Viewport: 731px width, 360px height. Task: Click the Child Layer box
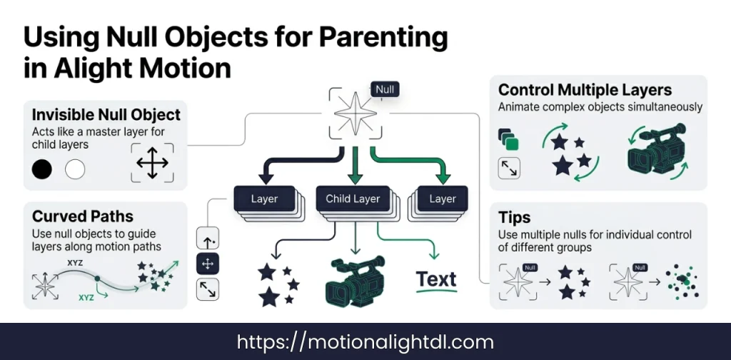pyautogui.click(x=353, y=199)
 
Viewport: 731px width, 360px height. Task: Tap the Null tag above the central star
pyautogui.click(x=385, y=89)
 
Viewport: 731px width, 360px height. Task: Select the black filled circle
pyautogui.click(x=42, y=169)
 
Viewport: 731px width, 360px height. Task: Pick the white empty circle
pyautogui.click(x=75, y=169)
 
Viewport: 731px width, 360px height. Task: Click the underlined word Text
pyautogui.click(x=436, y=281)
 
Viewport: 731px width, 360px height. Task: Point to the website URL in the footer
pyautogui.click(x=365, y=342)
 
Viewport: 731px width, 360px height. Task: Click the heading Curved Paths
pyautogui.click(x=83, y=216)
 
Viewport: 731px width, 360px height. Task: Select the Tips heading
pyautogui.click(x=514, y=218)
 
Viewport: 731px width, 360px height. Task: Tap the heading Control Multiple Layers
pyautogui.click(x=585, y=89)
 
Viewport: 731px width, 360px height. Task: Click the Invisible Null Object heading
pyautogui.click(x=106, y=115)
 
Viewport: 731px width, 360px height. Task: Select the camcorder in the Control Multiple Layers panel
pyautogui.click(x=657, y=149)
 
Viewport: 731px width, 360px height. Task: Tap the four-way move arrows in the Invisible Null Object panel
pyautogui.click(x=153, y=163)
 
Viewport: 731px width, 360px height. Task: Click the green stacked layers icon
pyautogui.click(x=508, y=139)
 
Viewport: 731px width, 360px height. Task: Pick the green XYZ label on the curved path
pyautogui.click(x=86, y=297)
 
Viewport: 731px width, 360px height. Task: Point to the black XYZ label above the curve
pyautogui.click(x=75, y=263)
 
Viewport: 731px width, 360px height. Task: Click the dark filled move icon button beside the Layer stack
pyautogui.click(x=208, y=264)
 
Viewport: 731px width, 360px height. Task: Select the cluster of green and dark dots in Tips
pyautogui.click(x=682, y=281)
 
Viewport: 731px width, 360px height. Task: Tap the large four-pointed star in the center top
pyautogui.click(x=356, y=114)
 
